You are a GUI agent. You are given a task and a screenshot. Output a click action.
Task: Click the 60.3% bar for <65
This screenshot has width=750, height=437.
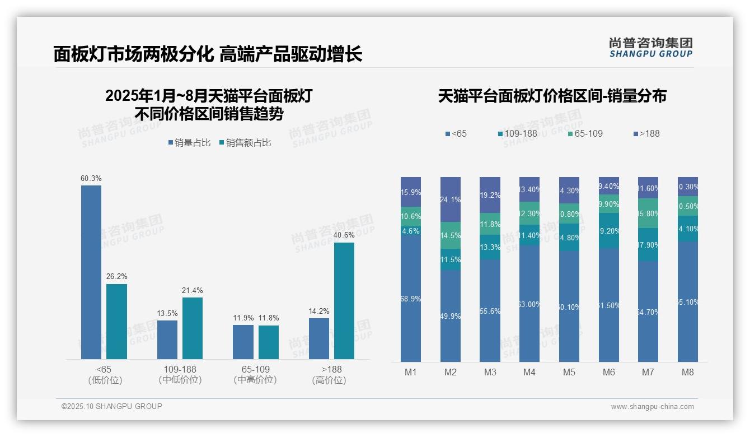[x=91, y=272]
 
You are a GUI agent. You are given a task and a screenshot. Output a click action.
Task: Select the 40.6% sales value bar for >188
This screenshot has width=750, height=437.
[x=344, y=300]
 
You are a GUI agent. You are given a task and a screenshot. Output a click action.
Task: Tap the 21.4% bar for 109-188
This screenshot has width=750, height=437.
[x=193, y=328]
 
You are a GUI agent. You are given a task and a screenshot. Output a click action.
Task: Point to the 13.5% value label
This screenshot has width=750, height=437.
[x=167, y=313]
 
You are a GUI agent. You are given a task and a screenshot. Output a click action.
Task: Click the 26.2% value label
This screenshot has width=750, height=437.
[x=117, y=277]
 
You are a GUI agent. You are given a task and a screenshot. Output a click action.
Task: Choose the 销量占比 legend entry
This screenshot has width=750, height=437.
[x=189, y=143]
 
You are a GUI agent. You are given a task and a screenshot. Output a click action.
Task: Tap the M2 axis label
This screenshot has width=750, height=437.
[x=451, y=372]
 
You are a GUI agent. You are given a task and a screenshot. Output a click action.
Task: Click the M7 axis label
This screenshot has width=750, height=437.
[x=648, y=372]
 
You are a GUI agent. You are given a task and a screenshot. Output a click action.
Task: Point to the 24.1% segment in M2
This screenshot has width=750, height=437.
[x=451, y=199]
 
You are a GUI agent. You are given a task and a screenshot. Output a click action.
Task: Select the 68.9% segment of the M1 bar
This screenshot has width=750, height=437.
[x=411, y=299]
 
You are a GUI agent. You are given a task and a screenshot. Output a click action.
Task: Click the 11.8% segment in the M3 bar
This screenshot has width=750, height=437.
[x=490, y=224]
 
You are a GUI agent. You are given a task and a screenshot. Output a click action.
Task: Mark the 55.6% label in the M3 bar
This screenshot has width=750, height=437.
[x=490, y=312]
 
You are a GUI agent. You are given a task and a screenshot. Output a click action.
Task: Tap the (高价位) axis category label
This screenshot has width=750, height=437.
[x=329, y=380]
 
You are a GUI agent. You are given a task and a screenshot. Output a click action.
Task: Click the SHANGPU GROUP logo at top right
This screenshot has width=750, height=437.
[x=650, y=48]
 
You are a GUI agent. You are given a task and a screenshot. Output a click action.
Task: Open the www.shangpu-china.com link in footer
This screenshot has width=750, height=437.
[x=652, y=407]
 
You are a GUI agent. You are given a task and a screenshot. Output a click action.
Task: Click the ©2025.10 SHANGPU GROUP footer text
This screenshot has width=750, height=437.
[x=112, y=406]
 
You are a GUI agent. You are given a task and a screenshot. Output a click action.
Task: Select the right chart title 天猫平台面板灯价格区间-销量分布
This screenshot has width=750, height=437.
[x=552, y=96]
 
